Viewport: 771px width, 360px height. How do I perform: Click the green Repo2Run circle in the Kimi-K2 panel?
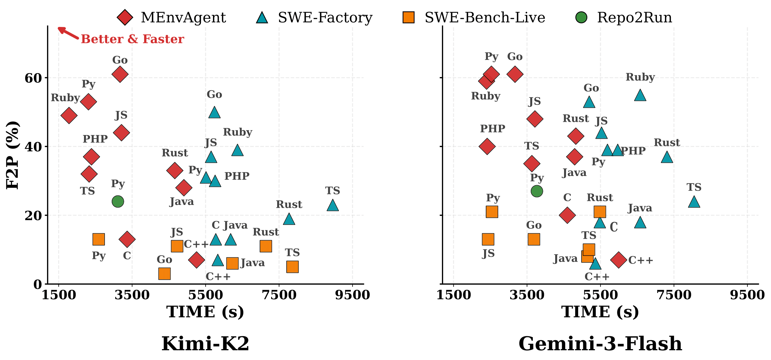(118, 201)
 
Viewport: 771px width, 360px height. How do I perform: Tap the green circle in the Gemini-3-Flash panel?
(537, 191)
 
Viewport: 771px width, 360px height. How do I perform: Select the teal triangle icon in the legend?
(262, 17)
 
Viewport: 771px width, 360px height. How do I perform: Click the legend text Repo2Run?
(635, 17)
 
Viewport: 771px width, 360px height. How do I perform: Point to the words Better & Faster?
(132, 39)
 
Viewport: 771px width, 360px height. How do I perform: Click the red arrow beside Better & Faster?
(68, 33)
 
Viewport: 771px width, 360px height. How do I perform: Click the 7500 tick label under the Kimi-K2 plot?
(279, 295)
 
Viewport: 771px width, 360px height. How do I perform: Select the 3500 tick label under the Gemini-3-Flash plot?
(527, 295)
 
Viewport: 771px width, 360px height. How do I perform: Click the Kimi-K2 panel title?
(205, 344)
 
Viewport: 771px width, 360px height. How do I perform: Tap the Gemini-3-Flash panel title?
(600, 344)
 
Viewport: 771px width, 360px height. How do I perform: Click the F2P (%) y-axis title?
(13, 155)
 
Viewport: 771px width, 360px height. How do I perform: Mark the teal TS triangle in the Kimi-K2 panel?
(333, 205)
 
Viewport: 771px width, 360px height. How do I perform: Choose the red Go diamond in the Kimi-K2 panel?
(120, 74)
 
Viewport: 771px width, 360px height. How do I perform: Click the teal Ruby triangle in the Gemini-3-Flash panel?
(640, 95)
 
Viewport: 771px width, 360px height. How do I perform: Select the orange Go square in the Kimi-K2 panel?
(164, 273)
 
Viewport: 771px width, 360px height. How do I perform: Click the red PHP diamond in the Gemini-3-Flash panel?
(487, 146)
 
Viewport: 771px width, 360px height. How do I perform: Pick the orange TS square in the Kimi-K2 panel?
(292, 267)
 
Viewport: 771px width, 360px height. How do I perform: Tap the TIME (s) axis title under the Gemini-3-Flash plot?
(600, 312)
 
